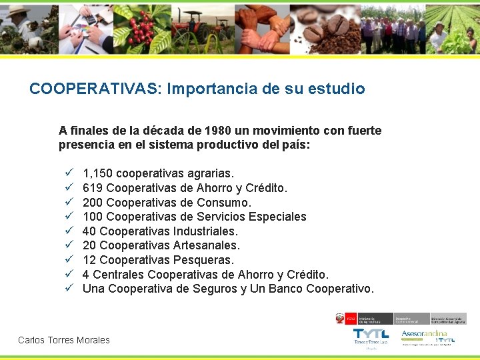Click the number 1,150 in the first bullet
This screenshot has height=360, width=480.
(97, 174)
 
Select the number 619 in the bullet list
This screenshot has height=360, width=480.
(93, 188)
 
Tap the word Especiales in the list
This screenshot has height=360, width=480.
(277, 217)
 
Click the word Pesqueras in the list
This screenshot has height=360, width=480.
(203, 260)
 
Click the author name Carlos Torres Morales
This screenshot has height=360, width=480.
(64, 340)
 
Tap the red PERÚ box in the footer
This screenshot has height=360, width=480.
(351, 319)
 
